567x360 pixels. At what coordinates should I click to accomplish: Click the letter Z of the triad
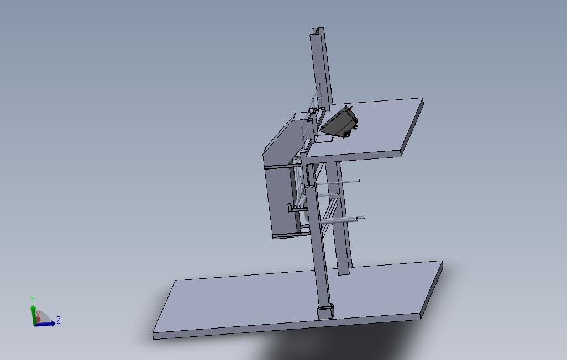[59, 320]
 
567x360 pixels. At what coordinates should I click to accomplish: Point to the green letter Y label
[33, 299]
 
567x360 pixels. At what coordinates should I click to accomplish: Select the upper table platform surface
[376, 127]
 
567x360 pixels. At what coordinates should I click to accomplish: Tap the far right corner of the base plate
[441, 263]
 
